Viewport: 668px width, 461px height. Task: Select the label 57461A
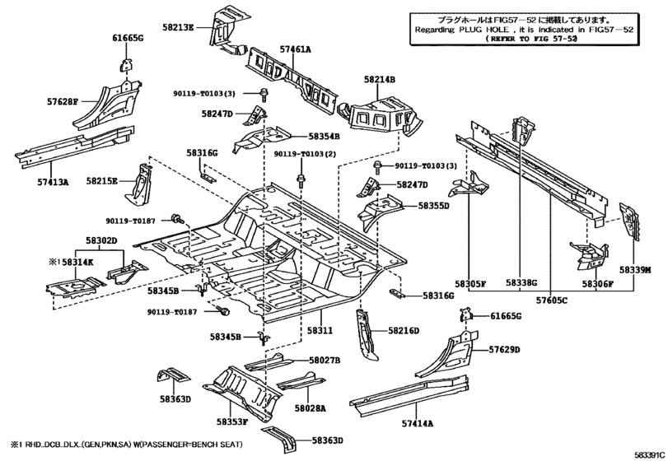(295, 49)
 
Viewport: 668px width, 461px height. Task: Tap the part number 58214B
(380, 79)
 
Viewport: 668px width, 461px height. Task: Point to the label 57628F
(62, 102)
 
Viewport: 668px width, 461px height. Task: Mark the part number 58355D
(433, 206)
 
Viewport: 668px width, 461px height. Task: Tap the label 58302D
(101, 240)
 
